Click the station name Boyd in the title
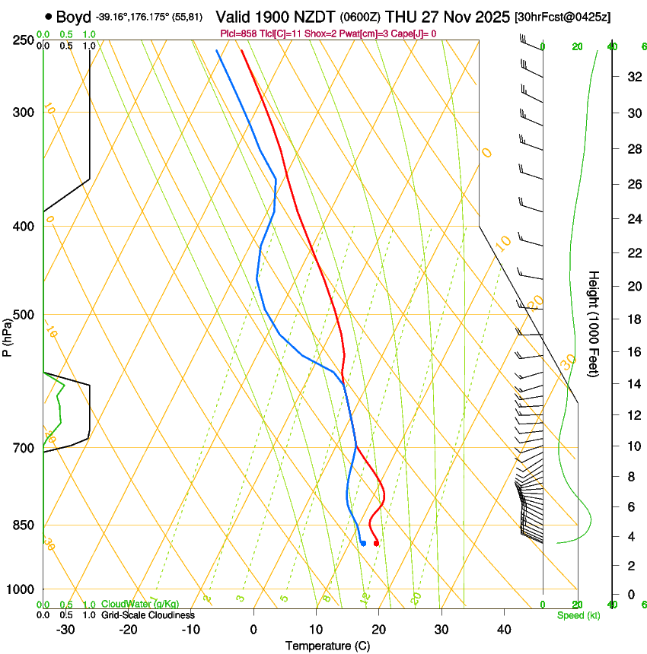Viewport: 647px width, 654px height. point(73,17)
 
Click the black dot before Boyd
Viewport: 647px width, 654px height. point(49,16)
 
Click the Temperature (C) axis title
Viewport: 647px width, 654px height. point(327,646)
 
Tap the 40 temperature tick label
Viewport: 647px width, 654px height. point(503,629)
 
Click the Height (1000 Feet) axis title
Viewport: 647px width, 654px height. point(594,324)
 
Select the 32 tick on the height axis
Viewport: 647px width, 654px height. point(633,76)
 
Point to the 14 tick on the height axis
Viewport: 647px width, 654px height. point(633,384)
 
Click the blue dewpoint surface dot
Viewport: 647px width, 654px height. point(363,543)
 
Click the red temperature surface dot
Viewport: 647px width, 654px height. point(376,543)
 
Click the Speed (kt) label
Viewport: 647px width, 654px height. point(578,614)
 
